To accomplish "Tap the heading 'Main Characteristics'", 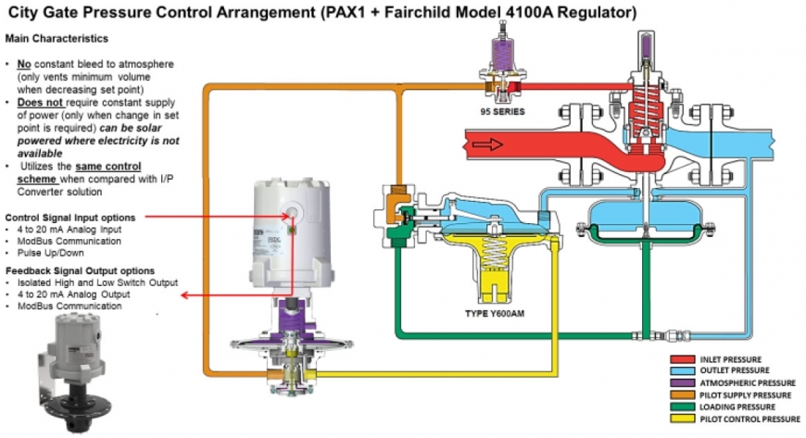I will pos(57,39).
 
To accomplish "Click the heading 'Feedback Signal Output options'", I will pos(77,269).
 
